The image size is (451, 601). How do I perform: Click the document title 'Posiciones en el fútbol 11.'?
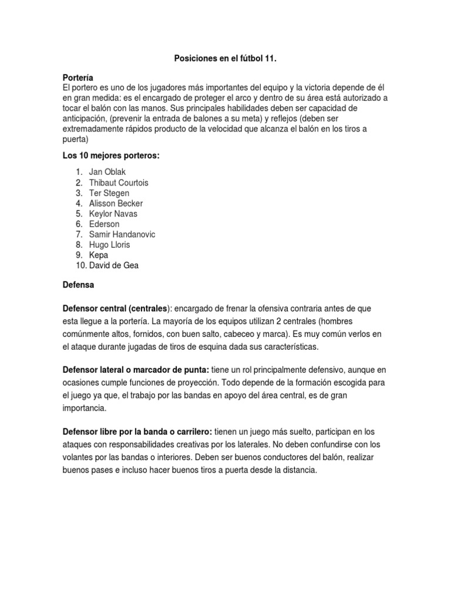(225, 59)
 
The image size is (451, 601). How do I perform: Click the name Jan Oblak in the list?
(107, 172)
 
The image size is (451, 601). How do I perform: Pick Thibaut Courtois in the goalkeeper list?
(119, 183)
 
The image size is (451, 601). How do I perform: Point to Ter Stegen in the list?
(109, 193)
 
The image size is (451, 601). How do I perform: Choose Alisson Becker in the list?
(116, 203)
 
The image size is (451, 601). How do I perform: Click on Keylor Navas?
(113, 214)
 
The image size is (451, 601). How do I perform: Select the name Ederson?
(104, 224)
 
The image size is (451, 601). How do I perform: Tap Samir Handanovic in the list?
(122, 234)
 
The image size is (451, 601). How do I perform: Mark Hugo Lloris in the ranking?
(110, 245)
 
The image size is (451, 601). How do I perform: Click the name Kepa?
(99, 255)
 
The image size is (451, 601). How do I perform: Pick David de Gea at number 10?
(114, 265)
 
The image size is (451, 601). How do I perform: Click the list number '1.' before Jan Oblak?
(79, 172)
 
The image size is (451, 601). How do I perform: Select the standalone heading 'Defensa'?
(78, 286)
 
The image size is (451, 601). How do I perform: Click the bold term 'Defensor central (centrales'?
(115, 308)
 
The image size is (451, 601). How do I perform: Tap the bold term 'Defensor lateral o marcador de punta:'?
(136, 369)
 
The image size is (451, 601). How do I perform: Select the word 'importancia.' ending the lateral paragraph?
(85, 407)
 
